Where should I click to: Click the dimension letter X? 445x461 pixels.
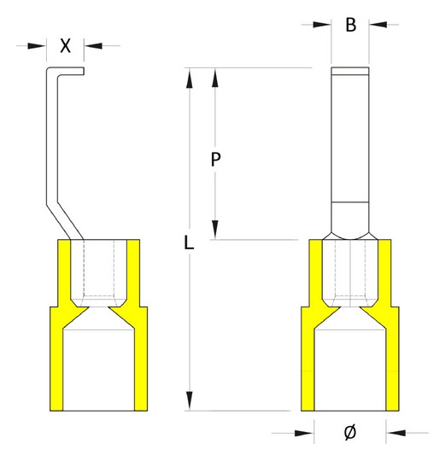click(65, 45)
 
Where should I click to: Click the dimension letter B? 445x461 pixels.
click(351, 25)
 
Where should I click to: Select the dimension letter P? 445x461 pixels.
click(215, 160)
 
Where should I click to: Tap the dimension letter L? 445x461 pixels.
click(189, 242)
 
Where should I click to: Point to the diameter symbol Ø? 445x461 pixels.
click(350, 432)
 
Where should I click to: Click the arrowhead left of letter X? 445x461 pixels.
click(37, 46)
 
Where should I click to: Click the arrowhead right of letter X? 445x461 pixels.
click(93, 46)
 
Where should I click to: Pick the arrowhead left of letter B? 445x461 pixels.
click(322, 25)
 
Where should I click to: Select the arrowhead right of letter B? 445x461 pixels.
click(378, 25)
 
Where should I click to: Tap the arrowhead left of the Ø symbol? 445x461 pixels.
click(304, 433)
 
